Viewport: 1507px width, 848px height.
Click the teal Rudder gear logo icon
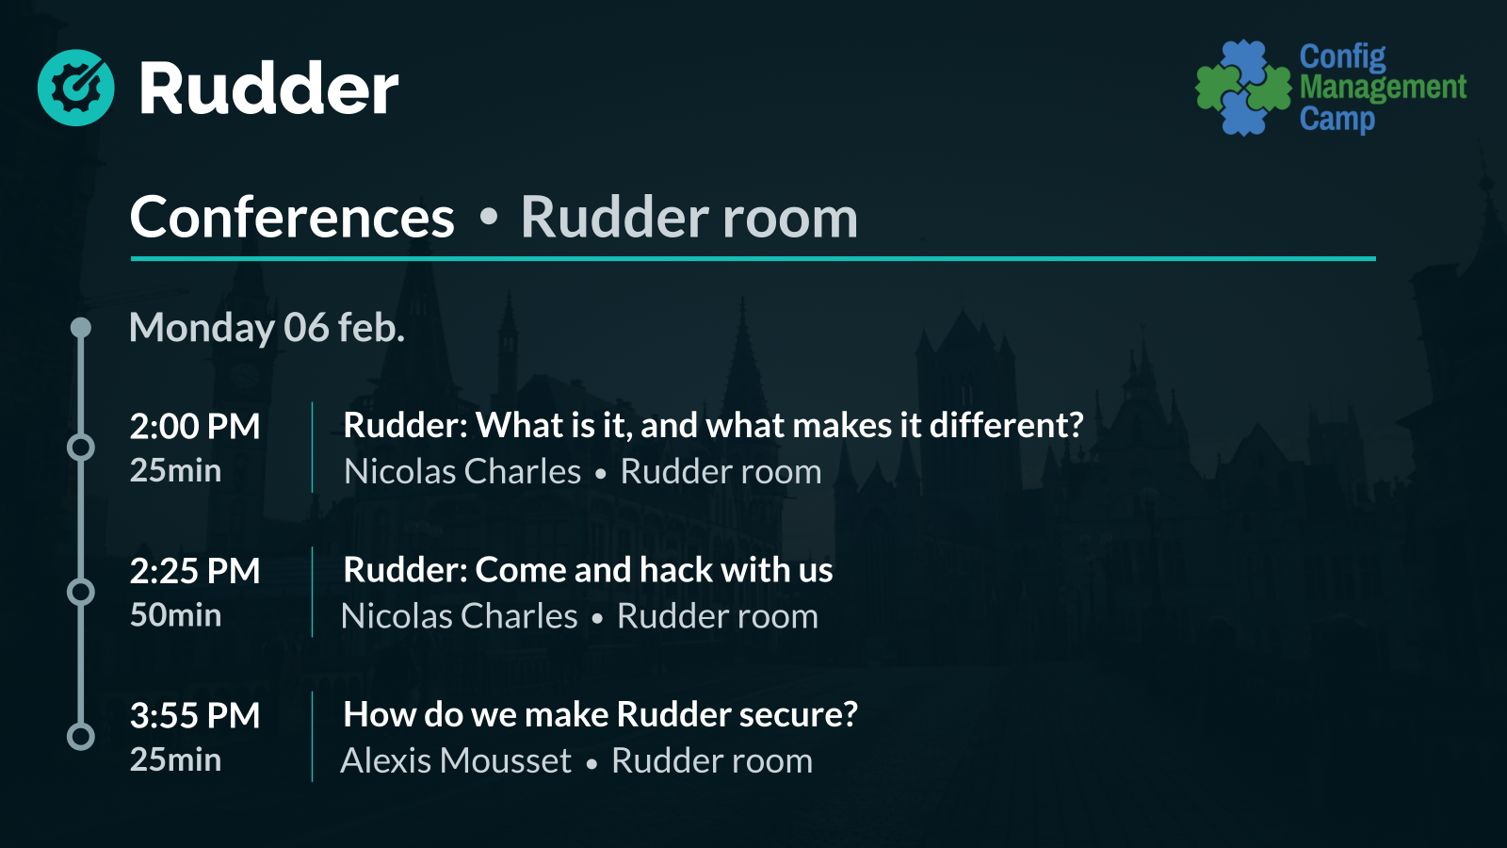coord(76,88)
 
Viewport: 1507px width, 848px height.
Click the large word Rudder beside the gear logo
coord(269,89)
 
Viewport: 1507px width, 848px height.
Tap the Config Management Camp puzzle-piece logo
coord(1243,88)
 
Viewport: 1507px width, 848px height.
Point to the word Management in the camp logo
coord(1384,88)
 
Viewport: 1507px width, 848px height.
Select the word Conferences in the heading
coord(292,217)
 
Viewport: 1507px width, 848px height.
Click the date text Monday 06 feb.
coord(267,328)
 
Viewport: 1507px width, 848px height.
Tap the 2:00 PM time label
coord(194,426)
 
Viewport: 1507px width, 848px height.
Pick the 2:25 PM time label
coord(194,571)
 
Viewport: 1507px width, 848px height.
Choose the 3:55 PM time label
coord(194,715)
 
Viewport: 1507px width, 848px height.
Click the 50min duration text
coord(175,615)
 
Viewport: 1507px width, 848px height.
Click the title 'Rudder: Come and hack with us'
coord(588,569)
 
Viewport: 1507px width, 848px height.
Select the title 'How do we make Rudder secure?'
coord(600,714)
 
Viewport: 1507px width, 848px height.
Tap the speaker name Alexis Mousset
coord(456,760)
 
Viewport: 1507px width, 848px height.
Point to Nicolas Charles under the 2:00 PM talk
coord(462,471)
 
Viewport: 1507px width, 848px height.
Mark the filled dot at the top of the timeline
coord(81,328)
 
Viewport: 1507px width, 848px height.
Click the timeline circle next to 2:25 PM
coord(81,593)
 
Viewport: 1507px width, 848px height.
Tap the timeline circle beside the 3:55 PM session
coord(81,737)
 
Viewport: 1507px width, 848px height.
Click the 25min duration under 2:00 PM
coord(175,470)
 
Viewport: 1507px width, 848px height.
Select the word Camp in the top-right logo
coord(1337,120)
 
